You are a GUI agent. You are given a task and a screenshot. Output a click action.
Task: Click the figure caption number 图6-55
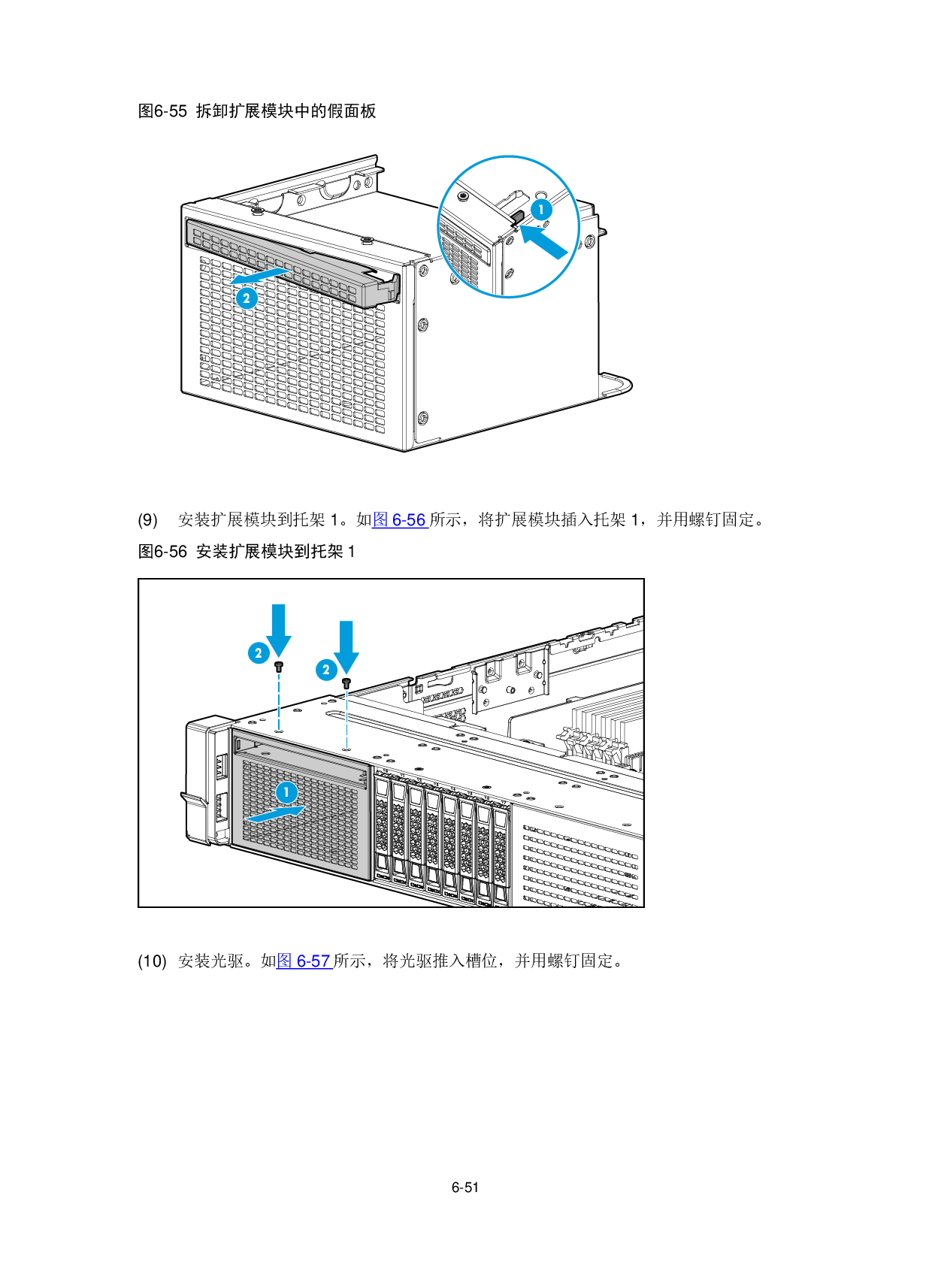click(162, 110)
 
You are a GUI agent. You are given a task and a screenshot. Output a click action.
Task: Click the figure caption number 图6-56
click(162, 551)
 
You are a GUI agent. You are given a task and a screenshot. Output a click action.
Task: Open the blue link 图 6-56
click(400, 519)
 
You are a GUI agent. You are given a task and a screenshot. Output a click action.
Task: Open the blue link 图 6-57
click(304, 961)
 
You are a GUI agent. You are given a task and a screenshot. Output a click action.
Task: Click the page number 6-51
click(464, 1188)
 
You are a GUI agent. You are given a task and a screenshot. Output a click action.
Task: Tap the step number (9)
click(148, 519)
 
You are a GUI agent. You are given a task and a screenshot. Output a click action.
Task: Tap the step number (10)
click(152, 961)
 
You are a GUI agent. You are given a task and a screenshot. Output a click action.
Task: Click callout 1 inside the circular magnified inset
click(541, 210)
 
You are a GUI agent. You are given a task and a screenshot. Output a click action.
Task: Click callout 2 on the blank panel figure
click(247, 298)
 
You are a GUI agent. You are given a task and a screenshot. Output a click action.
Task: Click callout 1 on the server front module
click(286, 792)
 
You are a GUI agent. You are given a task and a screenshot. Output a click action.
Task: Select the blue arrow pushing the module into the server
click(274, 814)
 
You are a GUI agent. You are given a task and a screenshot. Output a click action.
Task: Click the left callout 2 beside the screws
click(259, 653)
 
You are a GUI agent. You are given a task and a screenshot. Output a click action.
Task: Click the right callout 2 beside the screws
click(326, 670)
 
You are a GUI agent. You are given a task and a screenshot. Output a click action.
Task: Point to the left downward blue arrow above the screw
click(278, 631)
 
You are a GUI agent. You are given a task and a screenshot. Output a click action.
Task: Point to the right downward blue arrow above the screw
click(346, 647)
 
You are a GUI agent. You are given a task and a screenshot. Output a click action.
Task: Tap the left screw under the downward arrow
click(278, 667)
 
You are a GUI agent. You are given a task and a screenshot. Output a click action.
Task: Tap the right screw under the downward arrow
click(346, 683)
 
